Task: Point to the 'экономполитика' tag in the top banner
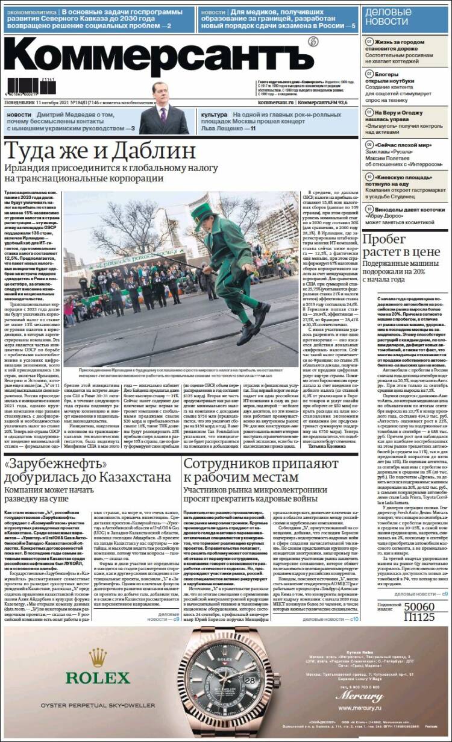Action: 30,12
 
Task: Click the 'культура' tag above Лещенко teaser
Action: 214,115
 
